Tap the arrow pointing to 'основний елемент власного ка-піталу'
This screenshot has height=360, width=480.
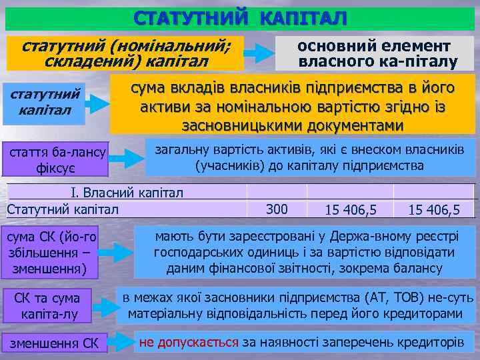point(259,52)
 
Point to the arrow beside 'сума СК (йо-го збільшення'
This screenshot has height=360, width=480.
point(115,254)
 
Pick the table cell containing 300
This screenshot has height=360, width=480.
point(277,209)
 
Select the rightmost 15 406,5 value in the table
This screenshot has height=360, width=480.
point(434,210)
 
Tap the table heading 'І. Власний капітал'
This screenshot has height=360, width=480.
point(127,193)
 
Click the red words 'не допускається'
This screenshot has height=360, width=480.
point(188,343)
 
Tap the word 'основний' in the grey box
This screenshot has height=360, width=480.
point(334,46)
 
